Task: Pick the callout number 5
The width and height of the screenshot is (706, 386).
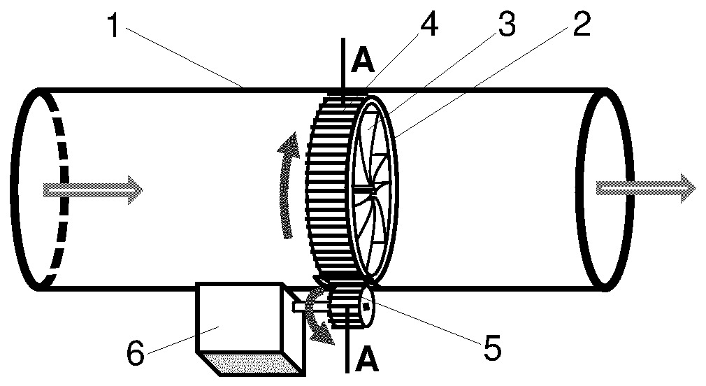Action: [493, 346]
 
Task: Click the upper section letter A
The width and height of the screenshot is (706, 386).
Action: [363, 61]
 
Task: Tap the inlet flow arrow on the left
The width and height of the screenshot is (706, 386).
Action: [93, 190]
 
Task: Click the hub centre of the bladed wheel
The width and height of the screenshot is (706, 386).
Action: [373, 191]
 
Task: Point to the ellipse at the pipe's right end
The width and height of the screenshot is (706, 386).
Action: [604, 190]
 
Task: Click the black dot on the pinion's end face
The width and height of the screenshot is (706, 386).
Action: [366, 307]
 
